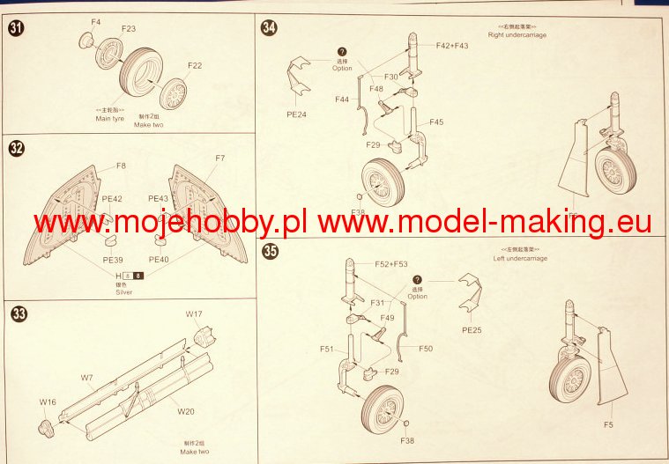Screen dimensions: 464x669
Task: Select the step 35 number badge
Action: [271, 252]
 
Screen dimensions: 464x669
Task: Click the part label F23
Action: [129, 28]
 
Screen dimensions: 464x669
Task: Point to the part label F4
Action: [96, 21]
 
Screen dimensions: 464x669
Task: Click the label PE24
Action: [298, 114]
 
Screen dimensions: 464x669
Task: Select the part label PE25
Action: [473, 332]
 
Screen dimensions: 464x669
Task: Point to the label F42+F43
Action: [452, 46]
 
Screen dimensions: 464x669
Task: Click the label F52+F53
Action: [391, 264]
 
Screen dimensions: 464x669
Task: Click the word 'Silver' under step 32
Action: [124, 291]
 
